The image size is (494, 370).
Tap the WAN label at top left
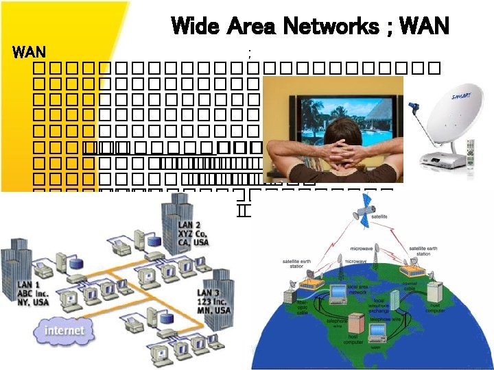(30, 51)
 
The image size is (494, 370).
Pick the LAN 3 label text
(211, 301)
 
